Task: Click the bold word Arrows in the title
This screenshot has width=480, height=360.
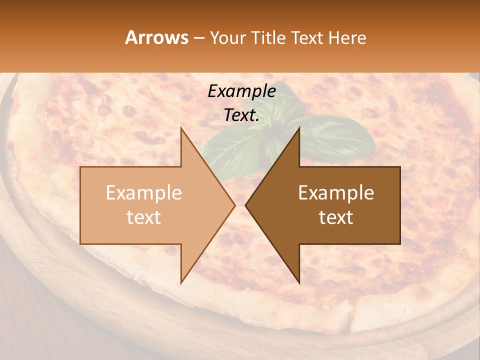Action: tap(156, 37)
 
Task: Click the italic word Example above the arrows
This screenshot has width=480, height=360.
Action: tap(242, 91)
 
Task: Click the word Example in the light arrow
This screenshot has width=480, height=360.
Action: tap(144, 193)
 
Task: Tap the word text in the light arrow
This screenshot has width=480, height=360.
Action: tap(144, 217)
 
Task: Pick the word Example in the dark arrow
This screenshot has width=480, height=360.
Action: tap(336, 193)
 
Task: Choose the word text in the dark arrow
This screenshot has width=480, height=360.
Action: tap(336, 217)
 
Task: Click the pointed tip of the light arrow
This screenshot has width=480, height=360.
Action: tap(234, 205)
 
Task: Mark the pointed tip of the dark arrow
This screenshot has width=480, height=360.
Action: tap(246, 205)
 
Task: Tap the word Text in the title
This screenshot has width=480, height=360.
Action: tap(306, 37)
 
